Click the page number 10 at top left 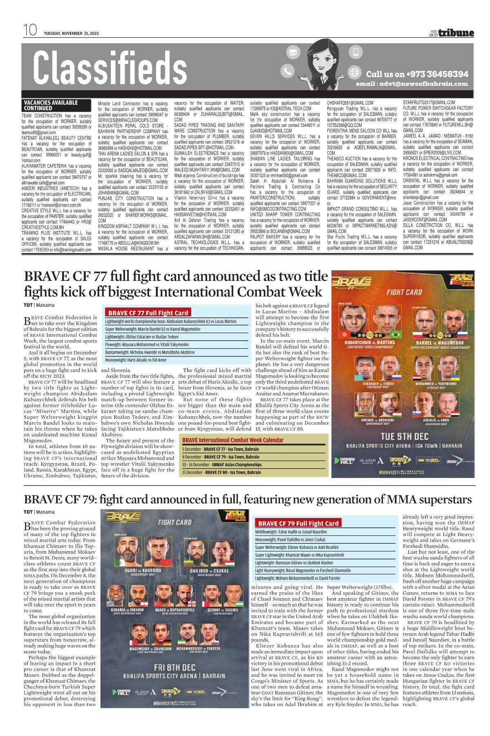coord(30,30)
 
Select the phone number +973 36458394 coord(417,74)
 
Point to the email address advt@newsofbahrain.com coord(412,84)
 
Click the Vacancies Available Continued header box coord(51,105)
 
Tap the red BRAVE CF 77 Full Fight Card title coord(148,313)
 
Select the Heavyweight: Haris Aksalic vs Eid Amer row coord(136,360)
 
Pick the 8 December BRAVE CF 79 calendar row coord(221,457)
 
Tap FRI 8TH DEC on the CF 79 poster coord(175,667)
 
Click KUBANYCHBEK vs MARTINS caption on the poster coord(369,342)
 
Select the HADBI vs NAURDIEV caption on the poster coord(143,570)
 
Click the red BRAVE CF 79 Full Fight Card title coord(298,523)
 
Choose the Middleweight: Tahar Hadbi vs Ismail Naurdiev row coord(291,532)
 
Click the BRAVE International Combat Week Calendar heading coord(233,440)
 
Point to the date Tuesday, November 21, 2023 coord(71,34)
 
